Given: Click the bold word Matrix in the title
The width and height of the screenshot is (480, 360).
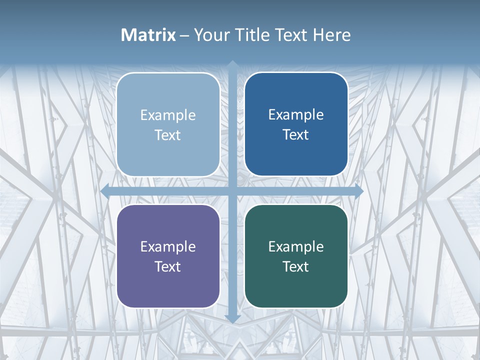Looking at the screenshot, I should (x=148, y=35).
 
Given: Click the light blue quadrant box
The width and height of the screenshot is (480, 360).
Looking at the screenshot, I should (x=168, y=124).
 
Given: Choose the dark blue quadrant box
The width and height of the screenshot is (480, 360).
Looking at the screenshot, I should (x=296, y=124).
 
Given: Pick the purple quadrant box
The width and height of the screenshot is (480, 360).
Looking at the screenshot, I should (x=168, y=256).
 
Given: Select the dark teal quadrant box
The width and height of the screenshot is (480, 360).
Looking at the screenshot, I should (x=296, y=256).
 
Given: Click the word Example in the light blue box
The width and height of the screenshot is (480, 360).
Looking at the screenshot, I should (x=168, y=115).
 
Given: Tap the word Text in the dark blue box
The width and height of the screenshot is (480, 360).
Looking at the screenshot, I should (x=296, y=135).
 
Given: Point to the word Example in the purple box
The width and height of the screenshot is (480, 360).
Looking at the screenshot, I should (x=168, y=247).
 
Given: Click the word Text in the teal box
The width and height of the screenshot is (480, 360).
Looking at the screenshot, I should (x=296, y=266).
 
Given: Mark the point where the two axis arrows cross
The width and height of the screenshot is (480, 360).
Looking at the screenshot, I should (x=232, y=191).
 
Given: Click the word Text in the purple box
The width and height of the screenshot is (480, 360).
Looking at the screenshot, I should (x=168, y=266).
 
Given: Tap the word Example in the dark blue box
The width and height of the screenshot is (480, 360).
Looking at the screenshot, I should (x=296, y=115).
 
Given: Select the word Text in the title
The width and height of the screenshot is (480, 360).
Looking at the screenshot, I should (x=291, y=35).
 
